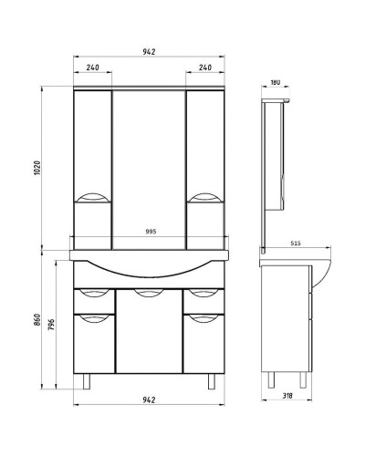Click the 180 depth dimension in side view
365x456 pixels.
pyautogui.click(x=276, y=83)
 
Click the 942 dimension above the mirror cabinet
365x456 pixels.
pyautogui.click(x=149, y=51)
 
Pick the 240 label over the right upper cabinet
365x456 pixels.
pyautogui.click(x=204, y=67)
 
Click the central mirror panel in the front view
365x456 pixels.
pyautogui.click(x=149, y=164)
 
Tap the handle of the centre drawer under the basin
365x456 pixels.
pyautogui.click(x=149, y=293)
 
